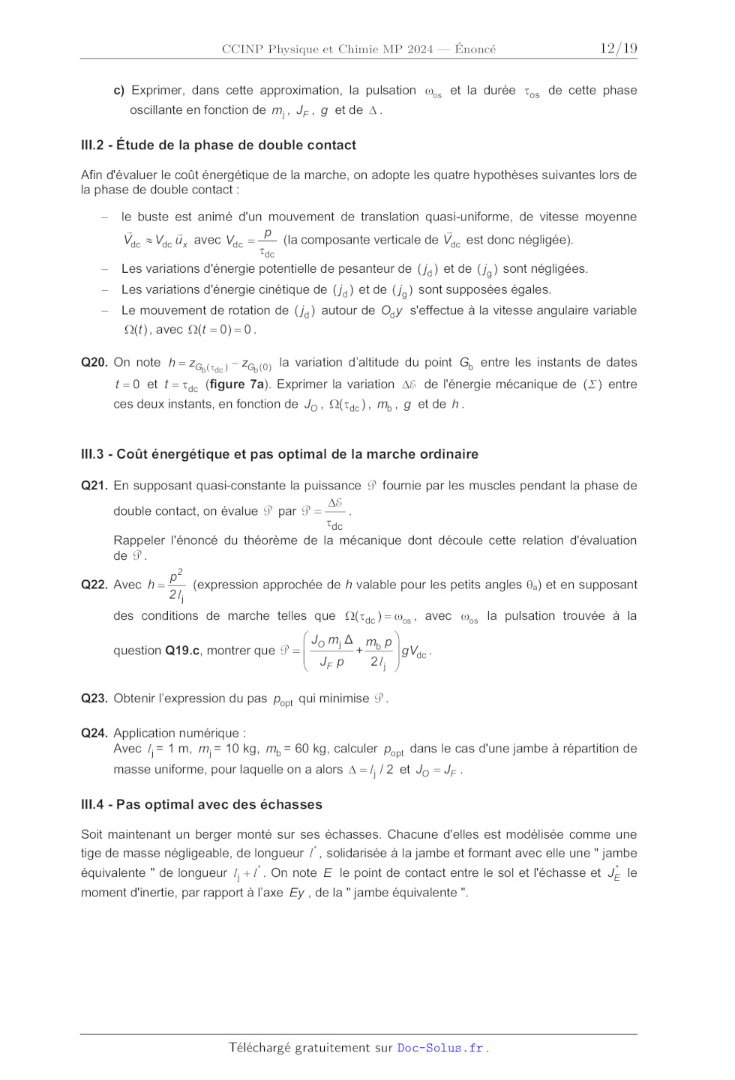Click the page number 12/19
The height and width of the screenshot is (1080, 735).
(x=618, y=49)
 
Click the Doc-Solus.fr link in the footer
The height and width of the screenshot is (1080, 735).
(x=439, y=1048)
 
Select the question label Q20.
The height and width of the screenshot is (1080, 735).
(x=94, y=362)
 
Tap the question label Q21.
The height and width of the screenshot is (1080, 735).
(x=94, y=486)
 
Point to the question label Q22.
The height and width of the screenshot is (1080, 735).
(x=94, y=585)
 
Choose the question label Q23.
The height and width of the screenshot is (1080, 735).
(x=94, y=699)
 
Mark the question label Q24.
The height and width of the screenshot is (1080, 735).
(x=94, y=733)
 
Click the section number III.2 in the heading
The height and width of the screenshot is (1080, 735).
(x=92, y=145)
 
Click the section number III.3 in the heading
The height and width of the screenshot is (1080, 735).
(x=92, y=454)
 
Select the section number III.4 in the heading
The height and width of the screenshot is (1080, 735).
(x=92, y=804)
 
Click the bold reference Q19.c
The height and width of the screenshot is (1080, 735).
(x=182, y=651)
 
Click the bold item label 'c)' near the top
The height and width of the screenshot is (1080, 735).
(x=118, y=91)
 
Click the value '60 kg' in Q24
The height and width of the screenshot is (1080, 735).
(x=312, y=749)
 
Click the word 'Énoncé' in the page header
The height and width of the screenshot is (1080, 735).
(x=475, y=49)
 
